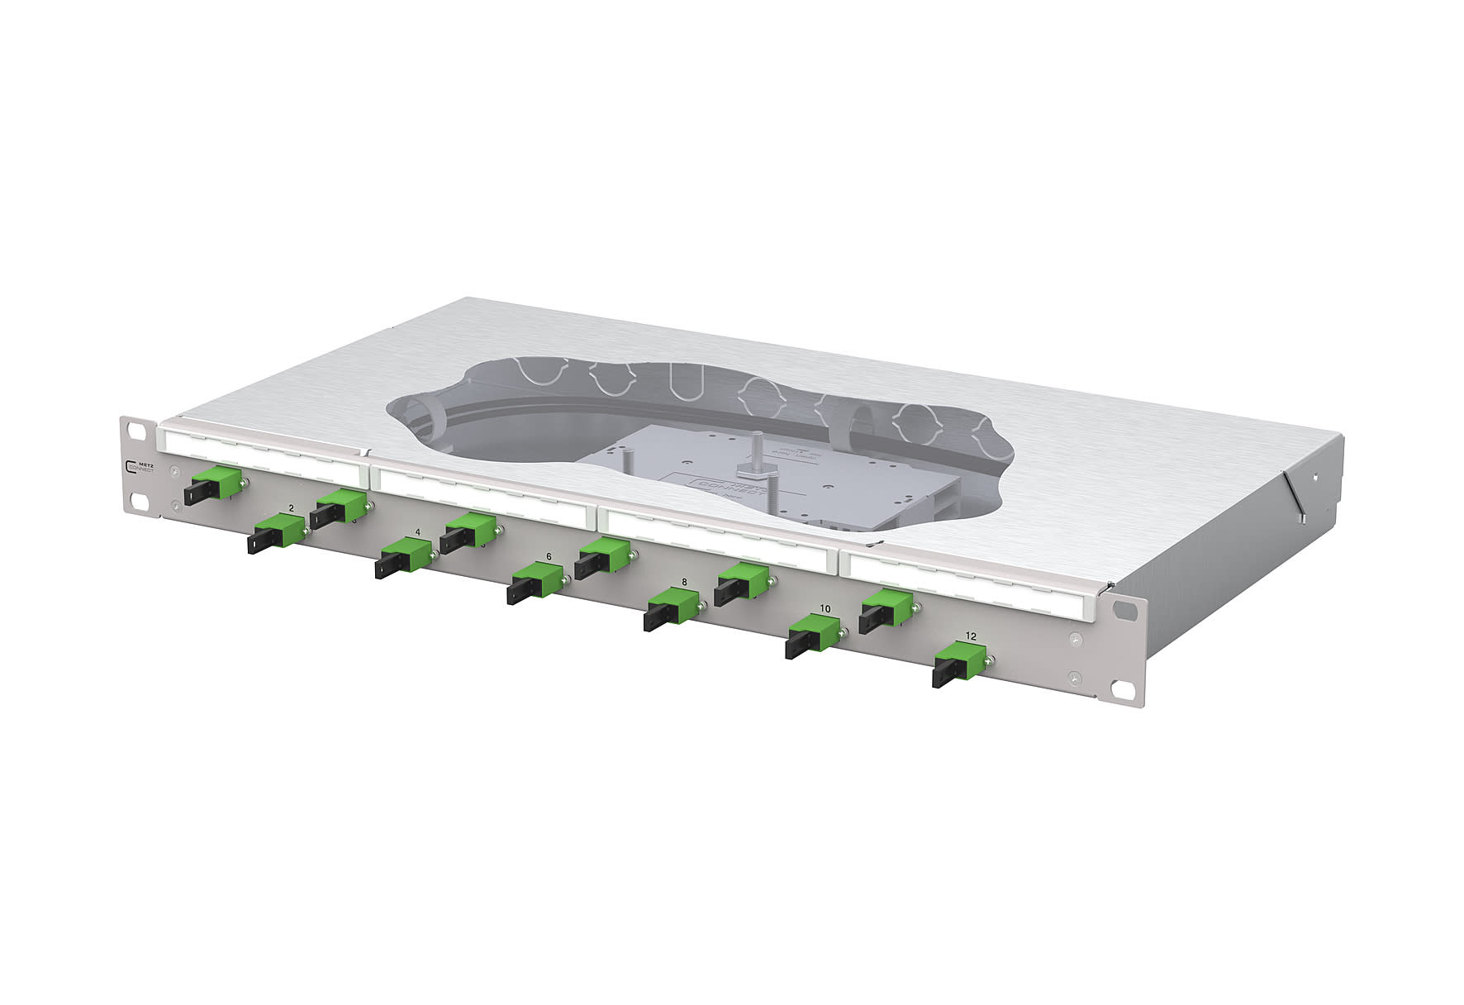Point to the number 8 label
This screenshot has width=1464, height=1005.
[x=684, y=582]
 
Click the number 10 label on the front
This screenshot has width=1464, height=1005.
[x=825, y=608]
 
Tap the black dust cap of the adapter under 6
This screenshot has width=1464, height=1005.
[x=520, y=590]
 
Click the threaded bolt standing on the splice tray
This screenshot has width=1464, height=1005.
[x=756, y=451]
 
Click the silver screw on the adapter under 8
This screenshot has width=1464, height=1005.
[x=701, y=607]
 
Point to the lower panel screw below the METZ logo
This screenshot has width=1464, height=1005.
[x=173, y=496]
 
